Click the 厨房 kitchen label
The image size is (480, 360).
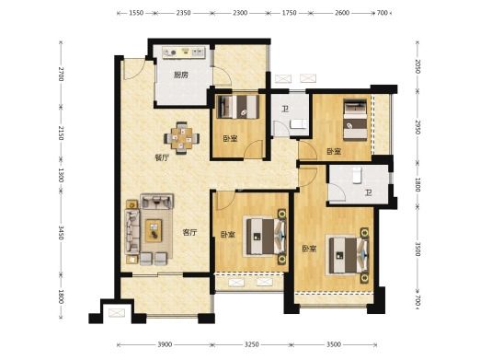(181, 75)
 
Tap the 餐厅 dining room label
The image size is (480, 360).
(162, 158)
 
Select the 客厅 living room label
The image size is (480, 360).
(189, 233)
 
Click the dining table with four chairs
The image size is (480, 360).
(182, 138)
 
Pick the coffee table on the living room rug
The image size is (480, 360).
(154, 231)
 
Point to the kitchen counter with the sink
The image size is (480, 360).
(184, 52)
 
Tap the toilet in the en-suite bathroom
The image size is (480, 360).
(356, 175)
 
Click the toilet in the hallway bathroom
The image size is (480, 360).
(298, 124)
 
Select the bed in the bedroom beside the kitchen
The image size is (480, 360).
(238, 107)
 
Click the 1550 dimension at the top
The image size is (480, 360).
(136, 13)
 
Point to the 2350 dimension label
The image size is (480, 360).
(183, 13)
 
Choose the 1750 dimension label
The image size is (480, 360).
(290, 13)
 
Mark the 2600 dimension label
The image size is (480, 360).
(342, 13)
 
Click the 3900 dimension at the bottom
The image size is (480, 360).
(165, 344)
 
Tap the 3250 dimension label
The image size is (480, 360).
(251, 344)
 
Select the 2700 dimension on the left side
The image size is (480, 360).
(61, 74)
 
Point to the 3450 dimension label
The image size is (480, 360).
(61, 233)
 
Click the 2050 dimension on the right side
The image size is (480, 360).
(417, 66)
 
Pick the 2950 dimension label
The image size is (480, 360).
(417, 127)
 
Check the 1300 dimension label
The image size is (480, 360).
(61, 175)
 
